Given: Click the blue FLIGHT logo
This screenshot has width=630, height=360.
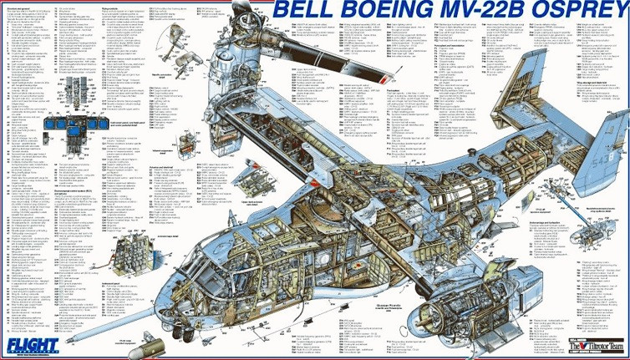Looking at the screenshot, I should [x=19, y=343].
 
